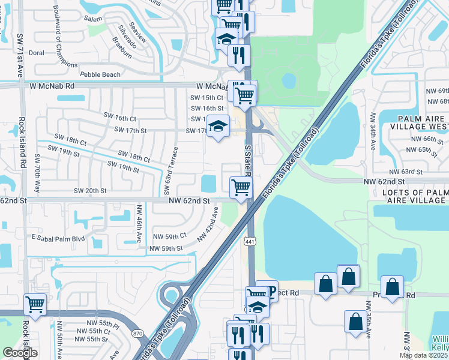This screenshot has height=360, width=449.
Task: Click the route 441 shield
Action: click(250, 241)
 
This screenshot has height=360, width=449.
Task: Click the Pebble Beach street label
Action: click(100, 74)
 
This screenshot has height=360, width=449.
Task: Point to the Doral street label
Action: click(37, 53)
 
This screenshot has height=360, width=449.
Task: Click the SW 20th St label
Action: click(90, 191)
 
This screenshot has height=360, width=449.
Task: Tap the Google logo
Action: click(20, 353)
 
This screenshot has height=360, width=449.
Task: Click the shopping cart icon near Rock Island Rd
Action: click(35, 304)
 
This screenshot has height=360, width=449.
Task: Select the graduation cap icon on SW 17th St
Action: click(218, 126)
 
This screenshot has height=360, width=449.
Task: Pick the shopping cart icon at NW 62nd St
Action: click(241, 186)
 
